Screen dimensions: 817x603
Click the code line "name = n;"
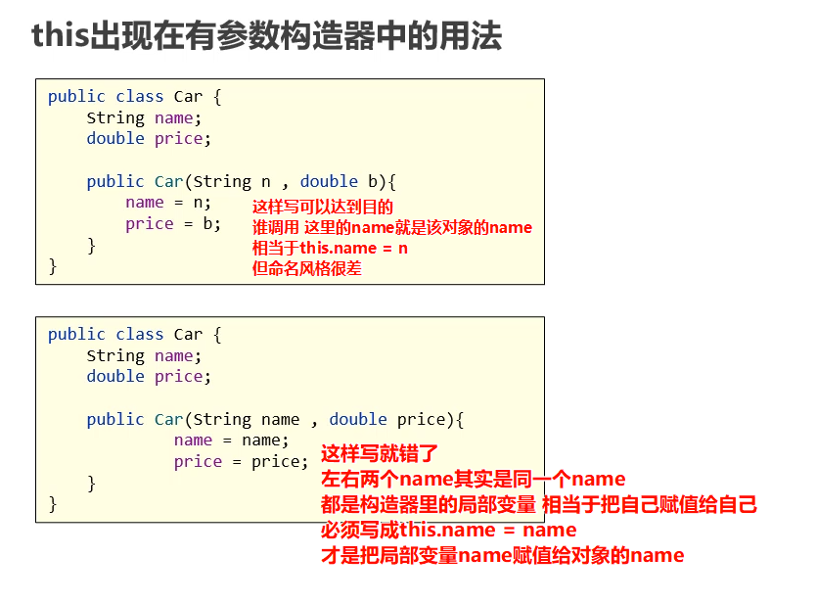click(x=168, y=203)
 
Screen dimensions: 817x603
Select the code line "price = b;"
click(x=173, y=224)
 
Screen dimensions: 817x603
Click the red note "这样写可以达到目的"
click(x=322, y=207)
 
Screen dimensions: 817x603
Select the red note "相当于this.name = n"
click(x=330, y=248)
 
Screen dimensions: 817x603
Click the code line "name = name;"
click(x=232, y=441)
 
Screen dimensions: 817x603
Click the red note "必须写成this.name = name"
click(x=448, y=531)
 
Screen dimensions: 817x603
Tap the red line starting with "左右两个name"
click(x=473, y=480)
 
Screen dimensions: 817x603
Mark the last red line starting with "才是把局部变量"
click(x=502, y=556)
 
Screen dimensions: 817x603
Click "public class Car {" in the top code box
click(x=135, y=96)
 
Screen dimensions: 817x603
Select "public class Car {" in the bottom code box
click(x=135, y=335)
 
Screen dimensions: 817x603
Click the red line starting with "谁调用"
click(x=392, y=227)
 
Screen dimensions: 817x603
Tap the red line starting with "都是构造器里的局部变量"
click(x=538, y=505)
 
